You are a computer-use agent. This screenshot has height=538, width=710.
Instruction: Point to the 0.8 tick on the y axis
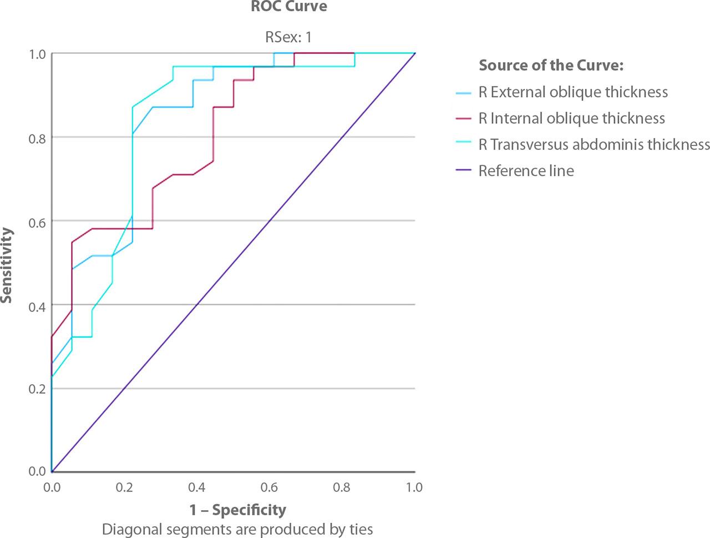coord(37,137)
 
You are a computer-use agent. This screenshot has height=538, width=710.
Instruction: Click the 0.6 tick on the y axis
coord(37,221)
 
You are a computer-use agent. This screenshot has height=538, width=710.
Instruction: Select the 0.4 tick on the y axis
coord(37,305)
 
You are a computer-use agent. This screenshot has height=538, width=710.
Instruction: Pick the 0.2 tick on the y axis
coord(37,389)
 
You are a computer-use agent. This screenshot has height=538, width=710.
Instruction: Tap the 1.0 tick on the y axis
coord(37,54)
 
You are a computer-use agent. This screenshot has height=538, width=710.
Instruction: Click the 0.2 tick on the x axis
coord(124,487)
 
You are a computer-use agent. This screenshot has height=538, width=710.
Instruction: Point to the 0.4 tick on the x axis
coord(197,487)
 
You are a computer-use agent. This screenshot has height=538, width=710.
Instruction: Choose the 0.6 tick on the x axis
coord(270,487)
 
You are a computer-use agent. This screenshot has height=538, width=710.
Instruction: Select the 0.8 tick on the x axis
coord(342,487)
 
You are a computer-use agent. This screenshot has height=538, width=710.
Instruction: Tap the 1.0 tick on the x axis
coord(414,487)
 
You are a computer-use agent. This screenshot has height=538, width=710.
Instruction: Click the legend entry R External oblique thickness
coord(573,92)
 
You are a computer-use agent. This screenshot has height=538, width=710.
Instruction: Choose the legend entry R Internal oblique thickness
coord(571,118)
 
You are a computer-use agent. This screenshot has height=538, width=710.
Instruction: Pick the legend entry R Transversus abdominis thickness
coord(594,144)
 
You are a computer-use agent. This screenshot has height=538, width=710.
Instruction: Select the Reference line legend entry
coord(526,170)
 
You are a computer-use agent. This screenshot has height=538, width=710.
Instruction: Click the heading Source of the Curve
coord(551,66)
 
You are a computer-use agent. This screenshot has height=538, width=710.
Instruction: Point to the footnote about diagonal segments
coord(237,529)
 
